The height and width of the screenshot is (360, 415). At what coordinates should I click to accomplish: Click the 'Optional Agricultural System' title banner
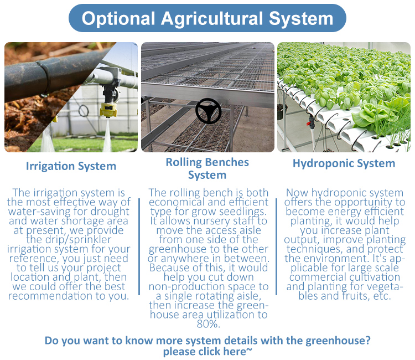207,18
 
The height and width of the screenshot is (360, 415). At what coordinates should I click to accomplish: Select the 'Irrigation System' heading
71,166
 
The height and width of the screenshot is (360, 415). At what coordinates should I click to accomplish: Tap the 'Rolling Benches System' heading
207,168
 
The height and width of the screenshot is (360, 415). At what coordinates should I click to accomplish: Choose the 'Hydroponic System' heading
344,163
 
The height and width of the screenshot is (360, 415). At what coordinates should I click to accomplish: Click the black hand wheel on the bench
208,111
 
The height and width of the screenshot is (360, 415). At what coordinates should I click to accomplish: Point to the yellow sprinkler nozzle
108,110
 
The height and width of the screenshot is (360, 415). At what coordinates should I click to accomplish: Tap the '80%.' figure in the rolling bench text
208,323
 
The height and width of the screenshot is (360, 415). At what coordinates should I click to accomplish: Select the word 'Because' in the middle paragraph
169,268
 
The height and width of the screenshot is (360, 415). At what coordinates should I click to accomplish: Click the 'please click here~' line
207,352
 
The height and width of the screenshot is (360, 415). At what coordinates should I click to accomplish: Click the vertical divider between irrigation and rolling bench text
139,246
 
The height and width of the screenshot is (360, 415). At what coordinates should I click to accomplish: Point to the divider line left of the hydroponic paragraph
276,246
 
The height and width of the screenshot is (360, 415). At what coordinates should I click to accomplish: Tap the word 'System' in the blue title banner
301,18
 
